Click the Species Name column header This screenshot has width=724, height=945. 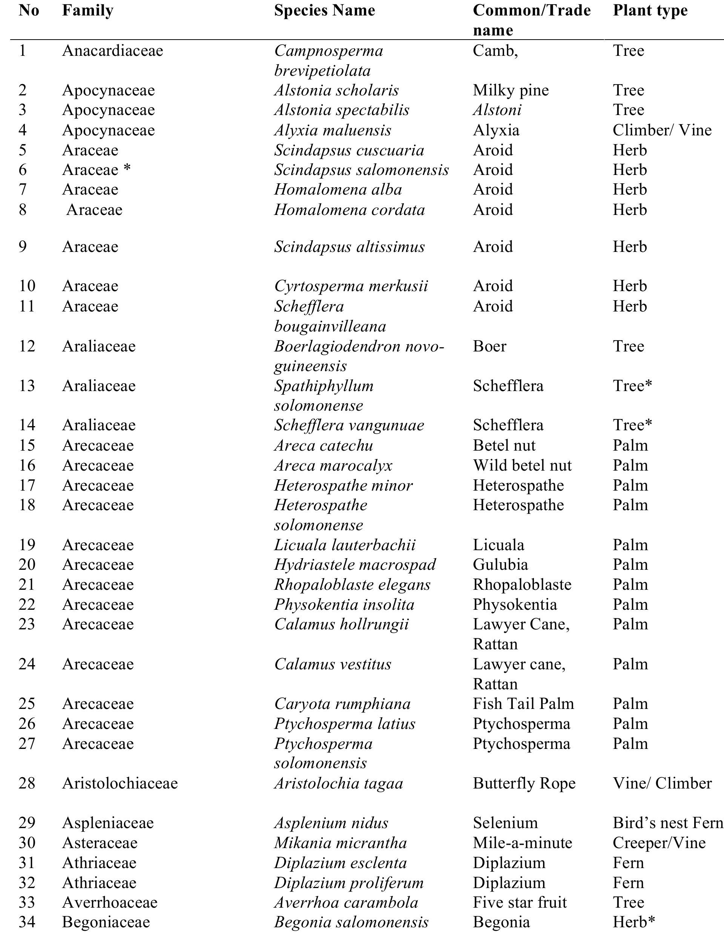[324, 10]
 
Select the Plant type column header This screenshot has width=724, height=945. [650, 10]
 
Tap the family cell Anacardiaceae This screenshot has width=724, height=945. [112, 51]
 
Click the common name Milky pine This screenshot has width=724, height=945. [511, 90]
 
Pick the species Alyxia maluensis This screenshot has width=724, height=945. [333, 130]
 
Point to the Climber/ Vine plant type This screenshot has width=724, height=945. [661, 130]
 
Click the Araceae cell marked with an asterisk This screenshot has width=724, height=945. [96, 170]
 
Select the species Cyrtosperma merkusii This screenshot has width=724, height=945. [351, 286]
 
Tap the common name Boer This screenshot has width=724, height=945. [489, 346]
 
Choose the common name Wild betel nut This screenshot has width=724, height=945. [522, 465]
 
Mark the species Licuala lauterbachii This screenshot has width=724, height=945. [345, 545]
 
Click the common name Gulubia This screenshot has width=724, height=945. [500, 565]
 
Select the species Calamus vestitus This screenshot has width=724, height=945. [333, 664]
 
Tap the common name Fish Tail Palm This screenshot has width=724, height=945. [523, 704]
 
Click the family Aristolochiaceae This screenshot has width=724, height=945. [120, 783]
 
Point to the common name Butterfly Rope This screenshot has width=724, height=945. [524, 783]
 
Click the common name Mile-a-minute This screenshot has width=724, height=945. [522, 842]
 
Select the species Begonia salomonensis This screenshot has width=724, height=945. [351, 922]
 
